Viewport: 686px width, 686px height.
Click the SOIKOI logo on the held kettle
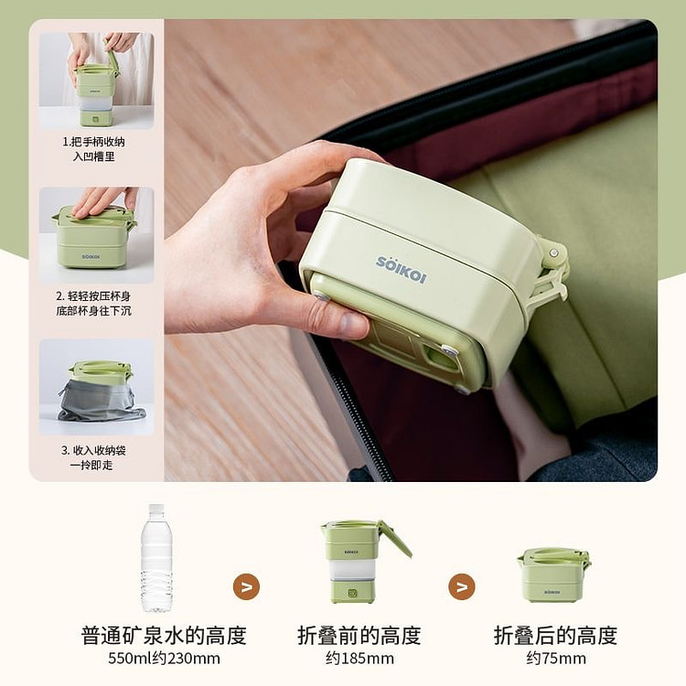(401, 270)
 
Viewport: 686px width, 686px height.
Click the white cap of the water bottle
(156, 508)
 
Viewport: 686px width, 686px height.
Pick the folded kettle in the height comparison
(552, 574)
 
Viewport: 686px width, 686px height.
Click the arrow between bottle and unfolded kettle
(246, 586)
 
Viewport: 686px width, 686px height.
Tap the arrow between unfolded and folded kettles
(462, 586)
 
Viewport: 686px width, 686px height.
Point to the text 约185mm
(359, 659)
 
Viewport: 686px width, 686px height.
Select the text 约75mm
(555, 659)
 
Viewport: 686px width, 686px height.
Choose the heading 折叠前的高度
(359, 636)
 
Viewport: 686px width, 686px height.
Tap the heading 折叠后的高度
(555, 636)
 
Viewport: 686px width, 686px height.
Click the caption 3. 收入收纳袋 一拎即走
(96, 457)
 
